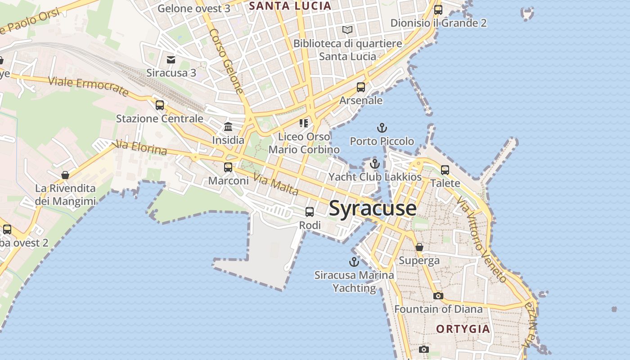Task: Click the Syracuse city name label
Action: [373, 208]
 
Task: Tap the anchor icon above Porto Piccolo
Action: [382, 128]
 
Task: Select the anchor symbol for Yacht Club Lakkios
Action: [375, 164]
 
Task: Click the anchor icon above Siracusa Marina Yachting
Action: [354, 261]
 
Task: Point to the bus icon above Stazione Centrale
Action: [160, 105]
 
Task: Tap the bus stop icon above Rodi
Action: [310, 211]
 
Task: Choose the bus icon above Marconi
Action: [228, 167]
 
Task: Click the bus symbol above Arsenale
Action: [361, 87]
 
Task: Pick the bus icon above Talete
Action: [445, 170]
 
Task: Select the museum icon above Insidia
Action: [228, 126]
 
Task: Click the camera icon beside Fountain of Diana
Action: [438, 296]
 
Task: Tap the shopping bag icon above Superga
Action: [419, 247]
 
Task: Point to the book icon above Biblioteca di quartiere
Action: [347, 30]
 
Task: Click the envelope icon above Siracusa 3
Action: [171, 59]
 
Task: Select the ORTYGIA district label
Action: [463, 329]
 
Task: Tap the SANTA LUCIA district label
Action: [290, 6]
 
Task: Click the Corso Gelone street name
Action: [226, 61]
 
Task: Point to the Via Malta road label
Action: [276, 184]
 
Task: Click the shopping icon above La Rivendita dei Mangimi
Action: [65, 175]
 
